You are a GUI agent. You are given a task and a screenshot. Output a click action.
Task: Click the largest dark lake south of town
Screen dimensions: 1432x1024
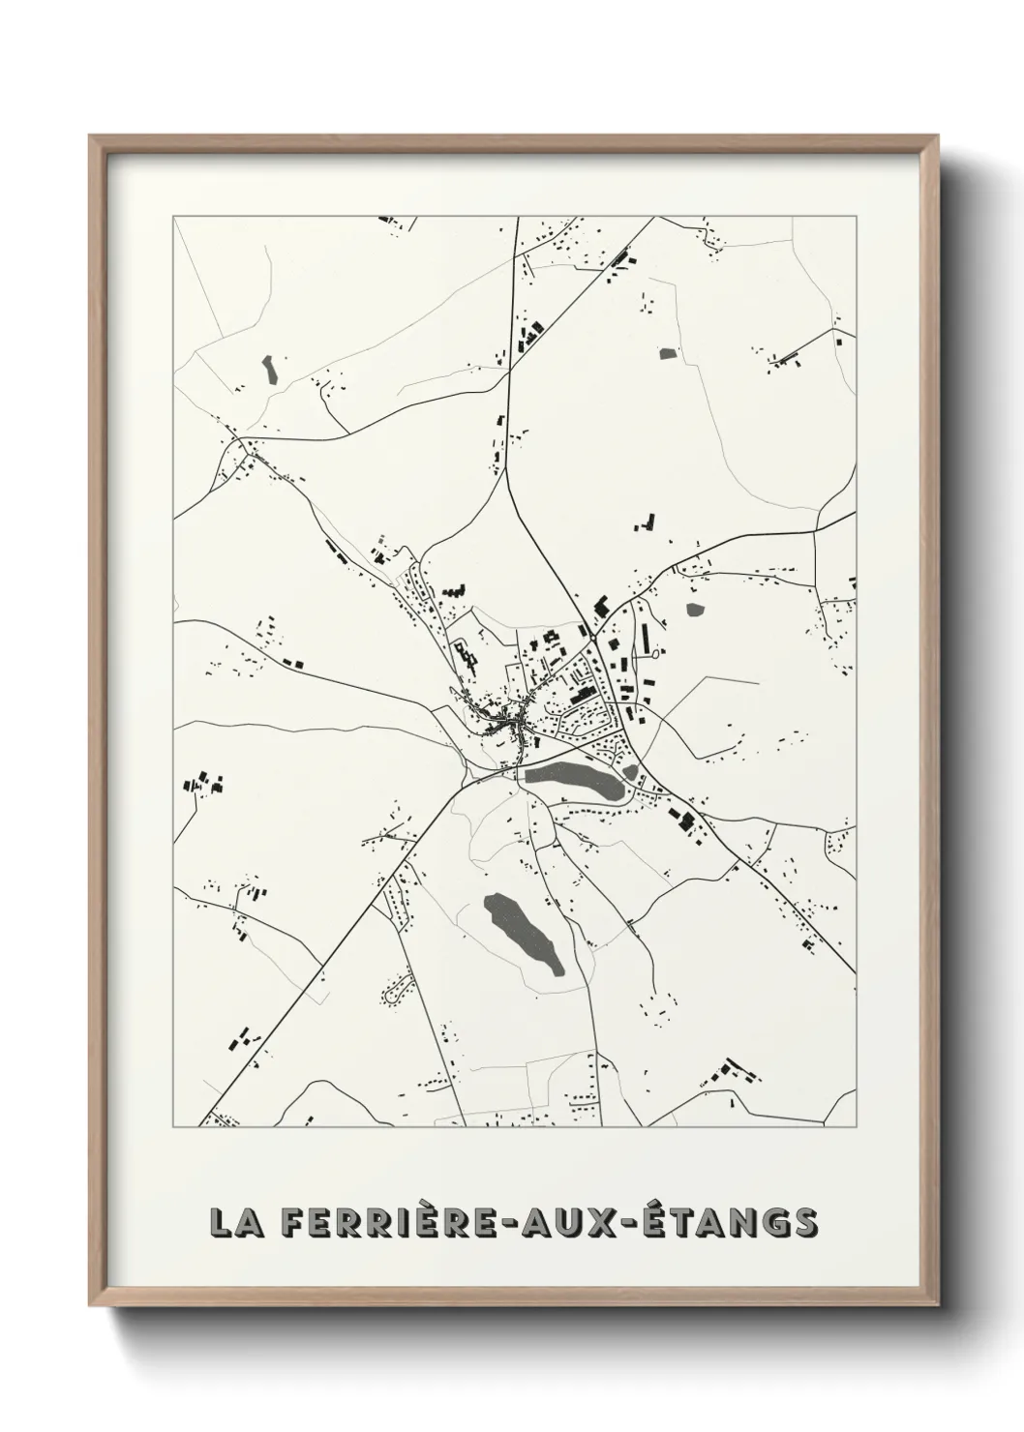[x=523, y=934]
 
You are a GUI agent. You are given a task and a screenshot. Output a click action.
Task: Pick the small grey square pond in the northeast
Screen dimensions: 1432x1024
[x=667, y=353]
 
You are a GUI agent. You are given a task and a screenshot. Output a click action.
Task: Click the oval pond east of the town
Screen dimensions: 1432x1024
[x=695, y=610]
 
